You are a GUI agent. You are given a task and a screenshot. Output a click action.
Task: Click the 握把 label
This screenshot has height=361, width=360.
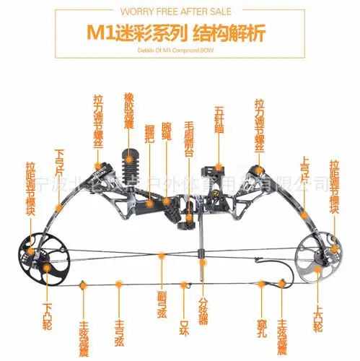pyautogui.click(x=150, y=133)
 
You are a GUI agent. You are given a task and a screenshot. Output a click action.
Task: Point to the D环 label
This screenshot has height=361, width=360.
pyautogui.click(x=185, y=313)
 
